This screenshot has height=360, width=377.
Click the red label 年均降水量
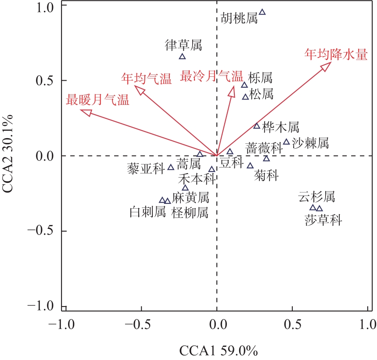pyautogui.click(x=337, y=55)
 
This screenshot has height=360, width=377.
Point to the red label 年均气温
pyautogui.click(x=146, y=79)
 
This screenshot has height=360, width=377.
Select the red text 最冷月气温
pyautogui.click(x=211, y=76)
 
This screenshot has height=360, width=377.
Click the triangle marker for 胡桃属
pyautogui.click(x=262, y=12)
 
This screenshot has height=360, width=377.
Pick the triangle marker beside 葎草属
pyautogui.click(x=183, y=57)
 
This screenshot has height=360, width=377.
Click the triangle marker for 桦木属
pyautogui.click(x=257, y=126)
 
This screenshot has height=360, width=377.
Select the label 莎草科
pyautogui.click(x=323, y=220)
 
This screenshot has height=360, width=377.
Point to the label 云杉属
pyautogui.click(x=316, y=197)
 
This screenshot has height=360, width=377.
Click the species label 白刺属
pyautogui.click(x=148, y=213)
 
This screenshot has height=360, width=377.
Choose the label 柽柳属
pyautogui.click(x=190, y=213)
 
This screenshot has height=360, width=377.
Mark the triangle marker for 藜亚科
pyautogui.click(x=171, y=167)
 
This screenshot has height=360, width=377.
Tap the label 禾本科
pyautogui.click(x=196, y=179)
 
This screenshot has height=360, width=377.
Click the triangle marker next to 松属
pyautogui.click(x=246, y=97)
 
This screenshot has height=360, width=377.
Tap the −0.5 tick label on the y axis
pyautogui.click(x=42, y=231)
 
